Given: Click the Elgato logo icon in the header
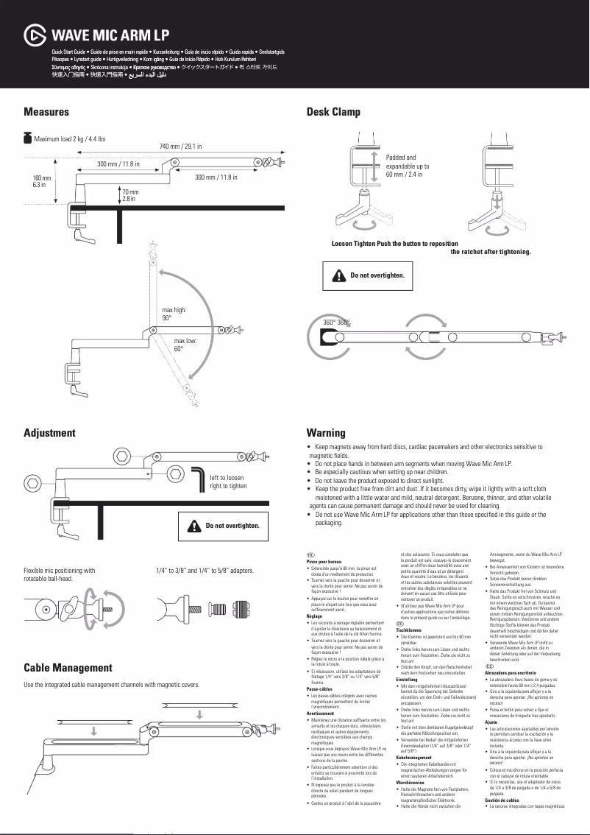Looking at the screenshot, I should (x=35, y=35).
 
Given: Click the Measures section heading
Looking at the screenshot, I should (x=46, y=112).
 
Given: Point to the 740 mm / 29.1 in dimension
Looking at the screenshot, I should (x=180, y=147).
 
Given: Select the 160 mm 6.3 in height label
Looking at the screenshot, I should (x=41, y=182).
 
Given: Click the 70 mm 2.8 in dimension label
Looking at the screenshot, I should (x=130, y=195).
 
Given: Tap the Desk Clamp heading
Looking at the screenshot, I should (x=333, y=112).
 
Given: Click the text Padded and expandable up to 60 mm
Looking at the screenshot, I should (x=408, y=166).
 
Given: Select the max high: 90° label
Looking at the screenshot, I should (x=174, y=314).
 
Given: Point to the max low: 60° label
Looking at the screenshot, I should (x=185, y=345).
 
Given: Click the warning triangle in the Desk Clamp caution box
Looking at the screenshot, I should (x=338, y=275).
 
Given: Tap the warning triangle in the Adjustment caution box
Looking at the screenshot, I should (x=194, y=526).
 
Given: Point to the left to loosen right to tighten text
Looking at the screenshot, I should (x=229, y=482).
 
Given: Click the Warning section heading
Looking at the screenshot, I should (x=326, y=433).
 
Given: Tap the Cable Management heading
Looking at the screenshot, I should (x=68, y=668).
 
